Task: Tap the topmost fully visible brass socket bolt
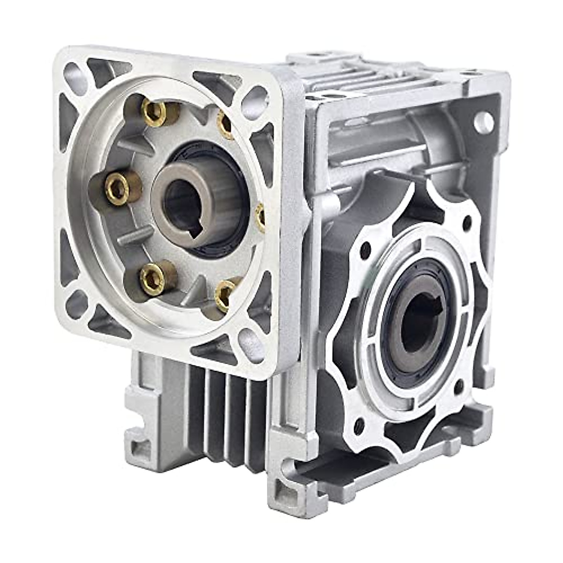155,113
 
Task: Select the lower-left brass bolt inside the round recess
152,279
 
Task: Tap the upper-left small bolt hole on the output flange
365,251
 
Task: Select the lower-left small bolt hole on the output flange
359,425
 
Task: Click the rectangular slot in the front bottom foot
286,493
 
